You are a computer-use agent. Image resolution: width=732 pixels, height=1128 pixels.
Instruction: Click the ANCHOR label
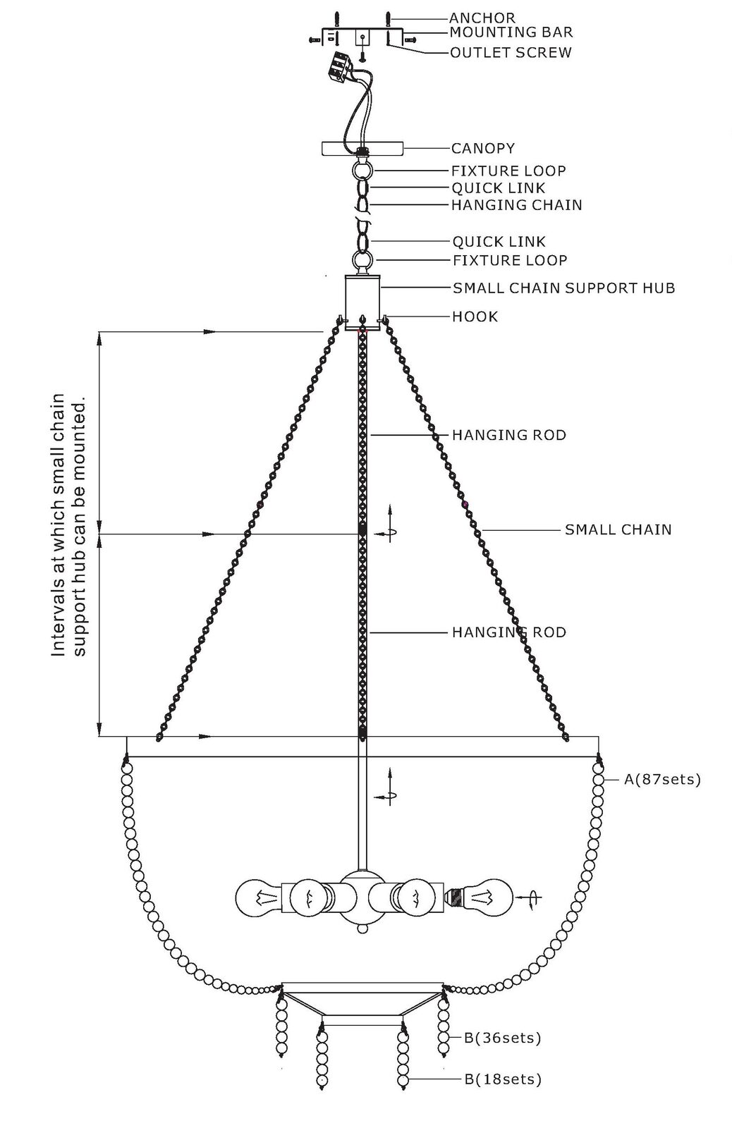(482, 18)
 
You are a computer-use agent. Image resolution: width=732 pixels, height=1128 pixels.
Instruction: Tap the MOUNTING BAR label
(511, 32)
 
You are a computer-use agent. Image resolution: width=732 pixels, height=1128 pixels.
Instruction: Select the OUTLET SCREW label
(511, 52)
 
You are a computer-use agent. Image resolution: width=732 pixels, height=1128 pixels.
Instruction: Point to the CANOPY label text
(482, 149)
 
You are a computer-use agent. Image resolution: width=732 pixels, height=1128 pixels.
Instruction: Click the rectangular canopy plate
(362, 148)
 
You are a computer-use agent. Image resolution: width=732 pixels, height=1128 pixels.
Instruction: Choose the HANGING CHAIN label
(516, 205)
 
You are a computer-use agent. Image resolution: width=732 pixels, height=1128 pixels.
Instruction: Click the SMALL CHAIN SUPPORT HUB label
(563, 288)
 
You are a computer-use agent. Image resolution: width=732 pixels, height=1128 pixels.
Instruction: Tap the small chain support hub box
(362, 302)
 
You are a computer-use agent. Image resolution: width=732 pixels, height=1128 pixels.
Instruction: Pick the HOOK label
(475, 317)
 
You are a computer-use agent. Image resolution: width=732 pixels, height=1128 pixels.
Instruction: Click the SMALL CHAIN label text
(618, 529)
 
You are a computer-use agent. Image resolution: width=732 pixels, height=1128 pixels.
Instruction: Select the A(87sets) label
(662, 780)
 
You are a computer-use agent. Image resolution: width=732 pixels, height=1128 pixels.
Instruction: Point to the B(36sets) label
(502, 1038)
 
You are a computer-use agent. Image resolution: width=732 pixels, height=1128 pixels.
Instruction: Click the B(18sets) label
(503, 1079)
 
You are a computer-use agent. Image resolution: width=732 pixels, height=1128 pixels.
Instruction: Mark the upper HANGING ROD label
(509, 435)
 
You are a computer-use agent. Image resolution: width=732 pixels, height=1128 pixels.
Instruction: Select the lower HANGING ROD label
(509, 632)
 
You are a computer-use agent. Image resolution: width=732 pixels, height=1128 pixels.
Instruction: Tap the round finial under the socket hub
(362, 927)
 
